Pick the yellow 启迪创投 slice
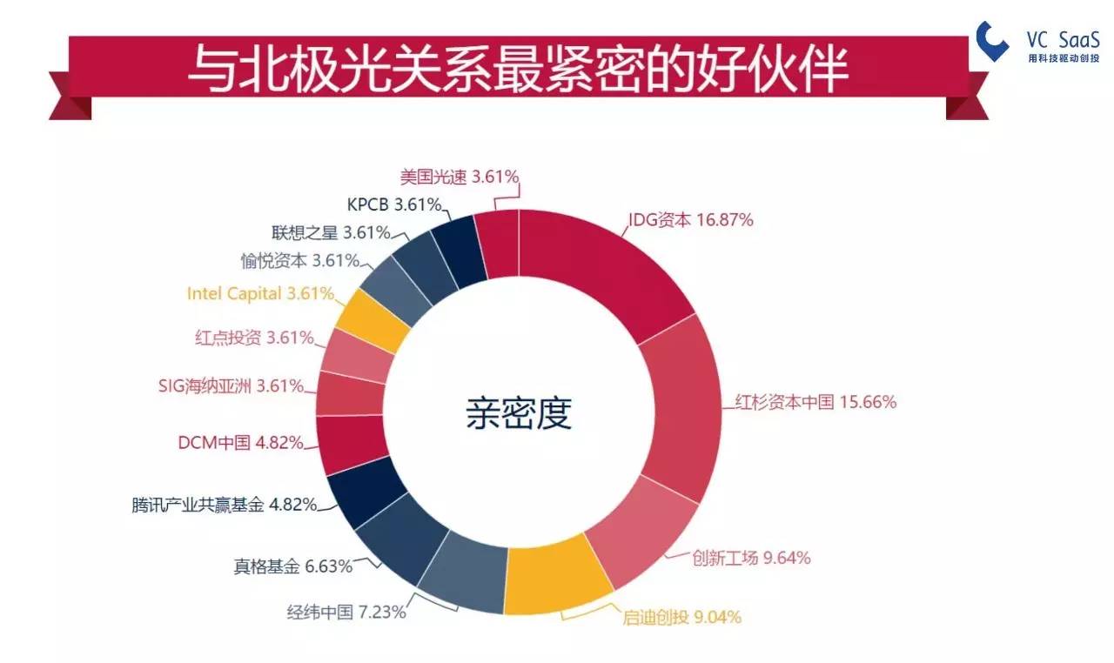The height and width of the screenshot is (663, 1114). click(557, 577)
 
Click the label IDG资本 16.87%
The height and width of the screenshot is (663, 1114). click(691, 219)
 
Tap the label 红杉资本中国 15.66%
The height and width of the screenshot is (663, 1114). click(815, 402)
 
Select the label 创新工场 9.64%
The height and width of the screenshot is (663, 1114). click(751, 558)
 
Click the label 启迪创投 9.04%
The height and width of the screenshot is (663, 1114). click(681, 617)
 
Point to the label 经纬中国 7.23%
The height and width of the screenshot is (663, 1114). click(346, 612)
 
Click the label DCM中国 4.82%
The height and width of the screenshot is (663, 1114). click(241, 442)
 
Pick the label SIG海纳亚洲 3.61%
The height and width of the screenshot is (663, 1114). click(231, 385)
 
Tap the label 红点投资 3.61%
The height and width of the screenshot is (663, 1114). click(254, 338)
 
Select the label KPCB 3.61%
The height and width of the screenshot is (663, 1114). click(394, 204)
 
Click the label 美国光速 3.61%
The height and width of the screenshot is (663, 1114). click(460, 177)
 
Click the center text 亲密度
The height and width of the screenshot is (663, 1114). click(519, 412)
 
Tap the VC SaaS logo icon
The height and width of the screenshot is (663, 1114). click(991, 41)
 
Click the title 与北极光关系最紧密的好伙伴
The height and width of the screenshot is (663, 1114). click(518, 69)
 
